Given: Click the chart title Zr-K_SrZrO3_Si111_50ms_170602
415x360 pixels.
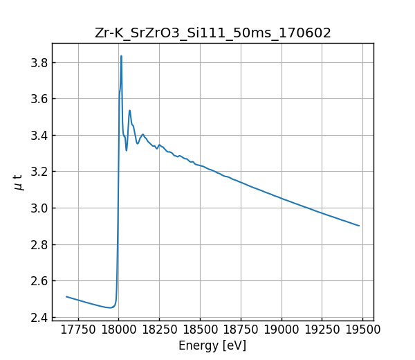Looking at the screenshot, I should click(213, 33).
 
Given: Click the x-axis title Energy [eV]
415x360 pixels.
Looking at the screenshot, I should click(212, 345).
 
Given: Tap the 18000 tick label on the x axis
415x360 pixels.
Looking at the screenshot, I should click(118, 330).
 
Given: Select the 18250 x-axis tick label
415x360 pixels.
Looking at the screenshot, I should click(159, 330).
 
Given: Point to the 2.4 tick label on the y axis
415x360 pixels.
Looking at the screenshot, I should click(39, 317).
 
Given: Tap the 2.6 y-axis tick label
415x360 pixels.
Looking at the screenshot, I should click(39, 281).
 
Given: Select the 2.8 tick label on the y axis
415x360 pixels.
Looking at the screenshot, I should click(39, 244).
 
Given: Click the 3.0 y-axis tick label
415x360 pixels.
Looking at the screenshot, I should click(39, 208).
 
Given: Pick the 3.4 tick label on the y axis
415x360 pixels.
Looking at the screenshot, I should click(39, 135).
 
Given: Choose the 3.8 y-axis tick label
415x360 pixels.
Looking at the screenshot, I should click(39, 62).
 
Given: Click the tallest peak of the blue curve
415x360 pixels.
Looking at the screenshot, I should click(121, 56).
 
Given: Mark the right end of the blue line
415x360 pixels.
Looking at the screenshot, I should click(359, 226).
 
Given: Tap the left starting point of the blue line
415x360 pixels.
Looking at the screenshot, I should click(66, 296).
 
